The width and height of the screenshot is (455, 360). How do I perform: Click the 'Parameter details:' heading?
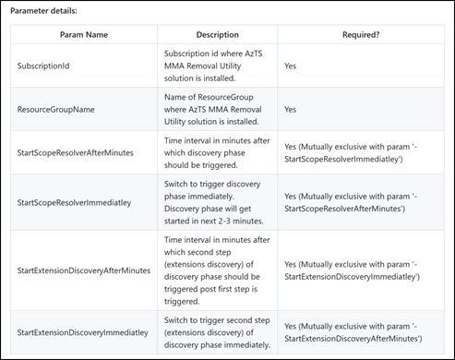(43, 11)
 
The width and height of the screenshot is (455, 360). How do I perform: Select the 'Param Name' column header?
(78, 34)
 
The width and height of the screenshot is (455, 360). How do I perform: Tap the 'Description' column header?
(217, 34)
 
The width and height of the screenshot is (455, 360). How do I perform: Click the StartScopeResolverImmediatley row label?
(78, 202)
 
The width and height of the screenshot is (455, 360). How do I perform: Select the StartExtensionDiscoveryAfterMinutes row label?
(84, 270)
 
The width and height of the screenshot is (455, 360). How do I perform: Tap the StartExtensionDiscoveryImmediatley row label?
(82, 331)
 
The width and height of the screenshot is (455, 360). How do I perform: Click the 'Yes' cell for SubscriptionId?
(291, 66)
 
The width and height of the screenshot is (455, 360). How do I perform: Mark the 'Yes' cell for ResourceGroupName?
(291, 109)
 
